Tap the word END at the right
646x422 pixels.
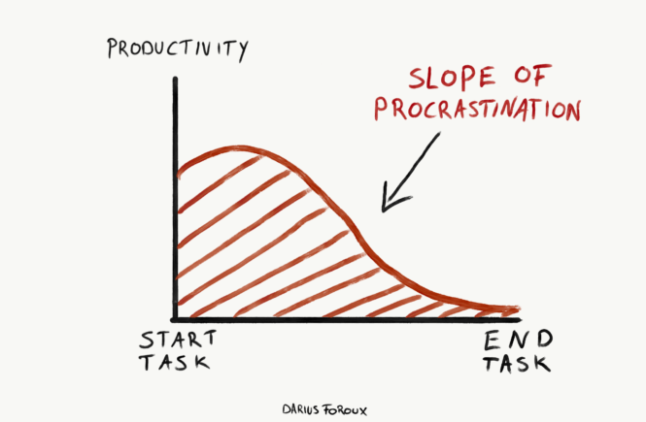[518, 341]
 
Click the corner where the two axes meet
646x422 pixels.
[175, 318]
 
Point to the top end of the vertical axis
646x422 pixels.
[175, 78]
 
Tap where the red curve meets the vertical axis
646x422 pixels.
[176, 175]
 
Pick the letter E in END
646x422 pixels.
[491, 341]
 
